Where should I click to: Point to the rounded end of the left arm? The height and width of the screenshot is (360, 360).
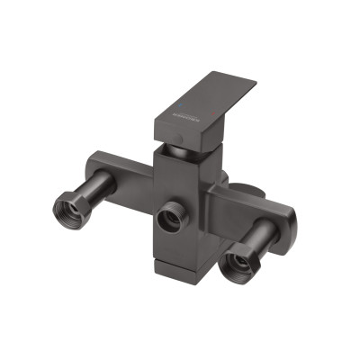(x=93, y=166)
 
